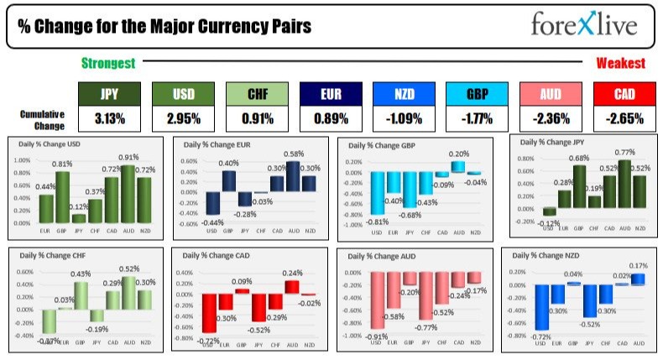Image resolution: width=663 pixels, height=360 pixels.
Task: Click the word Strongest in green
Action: coord(109,63)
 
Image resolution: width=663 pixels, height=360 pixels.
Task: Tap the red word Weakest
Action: coord(620,63)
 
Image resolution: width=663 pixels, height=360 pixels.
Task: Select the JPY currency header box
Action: coord(109,94)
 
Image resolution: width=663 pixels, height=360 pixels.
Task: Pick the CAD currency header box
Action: coord(624,94)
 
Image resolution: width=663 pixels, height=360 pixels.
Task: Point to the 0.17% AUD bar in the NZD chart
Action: coord(639,278)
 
